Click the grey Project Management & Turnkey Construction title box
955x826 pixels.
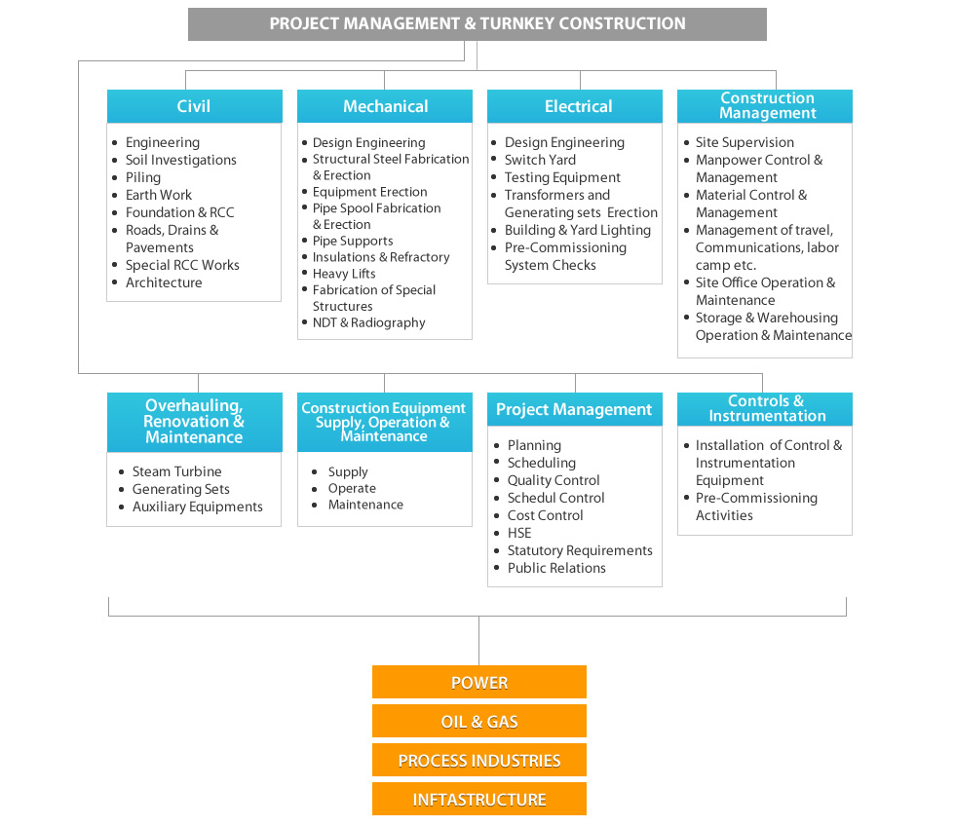pyautogui.click(x=477, y=24)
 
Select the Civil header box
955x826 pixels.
pyautogui.click(x=194, y=106)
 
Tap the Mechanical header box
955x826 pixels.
pyautogui.click(x=384, y=106)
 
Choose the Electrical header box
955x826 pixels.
pyautogui.click(x=574, y=106)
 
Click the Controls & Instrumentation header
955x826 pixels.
pyautogui.click(x=764, y=409)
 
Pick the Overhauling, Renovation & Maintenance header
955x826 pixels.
pyautogui.click(x=194, y=422)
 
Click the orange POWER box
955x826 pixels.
pyautogui.click(x=478, y=682)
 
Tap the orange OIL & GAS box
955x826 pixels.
pyautogui.click(x=478, y=721)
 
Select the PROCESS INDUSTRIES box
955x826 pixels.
pyautogui.click(x=478, y=760)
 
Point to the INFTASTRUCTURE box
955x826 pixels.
pyautogui.click(x=478, y=799)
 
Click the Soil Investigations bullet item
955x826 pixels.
pyautogui.click(x=181, y=160)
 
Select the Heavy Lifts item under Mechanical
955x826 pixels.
pyautogui.click(x=344, y=274)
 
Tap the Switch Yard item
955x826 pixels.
pyautogui.click(x=540, y=160)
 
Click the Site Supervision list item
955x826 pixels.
pyautogui.click(x=745, y=142)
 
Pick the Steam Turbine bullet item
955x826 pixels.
pyautogui.click(x=176, y=471)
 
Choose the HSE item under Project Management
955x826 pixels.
pyautogui.click(x=519, y=533)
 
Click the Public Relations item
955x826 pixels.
pyautogui.click(x=556, y=568)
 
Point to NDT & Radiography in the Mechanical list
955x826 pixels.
pyautogui.click(x=369, y=322)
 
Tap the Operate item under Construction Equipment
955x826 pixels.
pyautogui.click(x=352, y=489)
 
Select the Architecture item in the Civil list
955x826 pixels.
pyautogui.click(x=164, y=282)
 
